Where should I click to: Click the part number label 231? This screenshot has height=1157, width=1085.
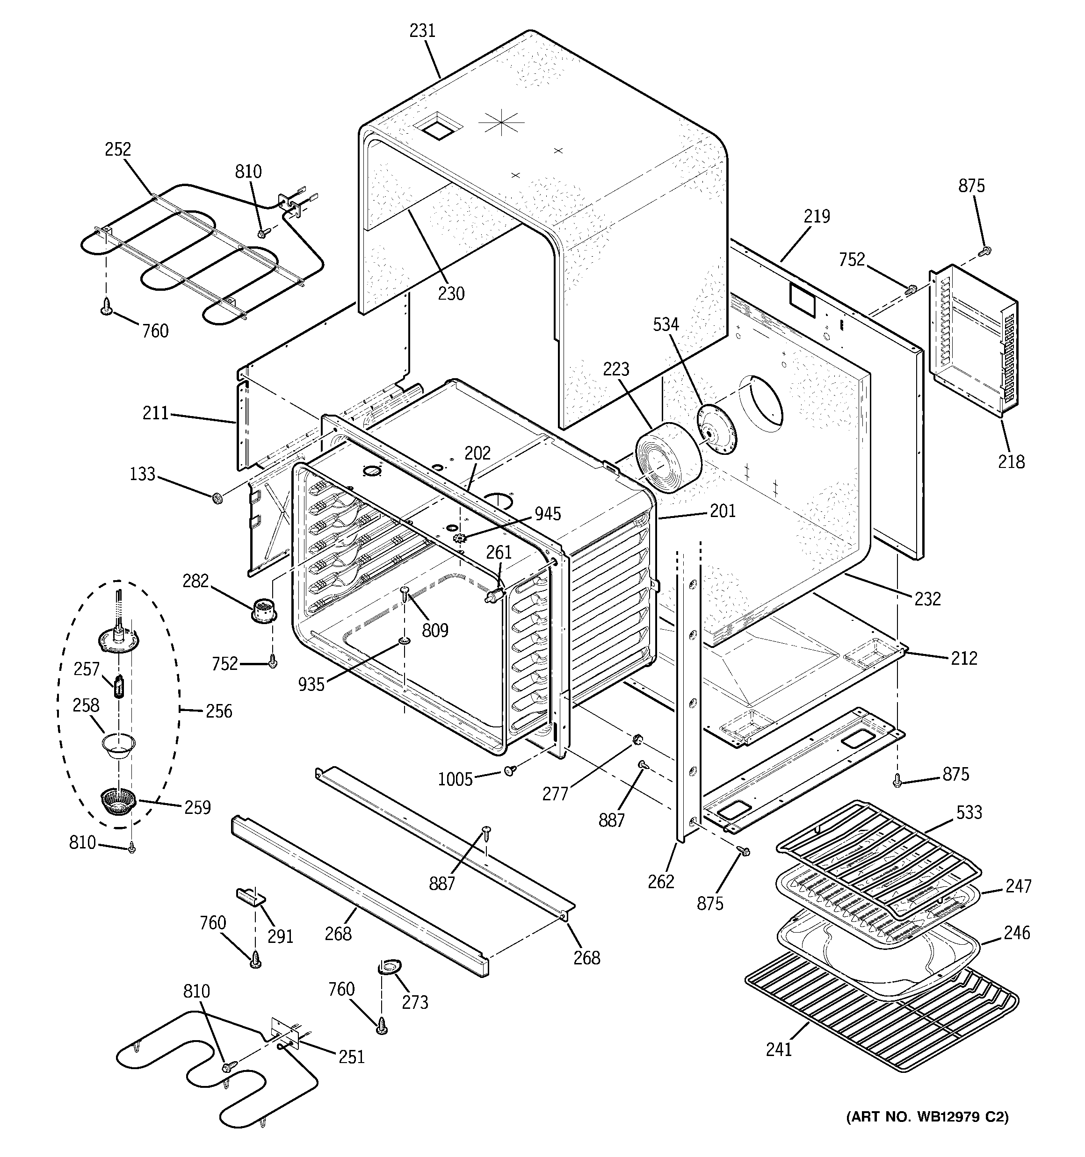(x=422, y=31)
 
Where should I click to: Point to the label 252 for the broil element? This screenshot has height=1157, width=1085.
(x=118, y=150)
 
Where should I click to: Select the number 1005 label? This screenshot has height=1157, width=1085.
(x=455, y=779)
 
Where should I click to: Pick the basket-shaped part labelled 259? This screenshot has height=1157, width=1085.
(x=118, y=803)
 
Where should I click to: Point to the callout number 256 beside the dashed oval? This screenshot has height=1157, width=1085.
(x=219, y=711)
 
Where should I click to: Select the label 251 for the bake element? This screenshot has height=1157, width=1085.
(x=351, y=1056)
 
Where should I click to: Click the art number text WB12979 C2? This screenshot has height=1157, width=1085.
(x=927, y=1116)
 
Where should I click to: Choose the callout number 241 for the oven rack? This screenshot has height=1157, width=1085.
(x=779, y=1065)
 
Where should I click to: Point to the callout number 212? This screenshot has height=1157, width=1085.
(x=964, y=658)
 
